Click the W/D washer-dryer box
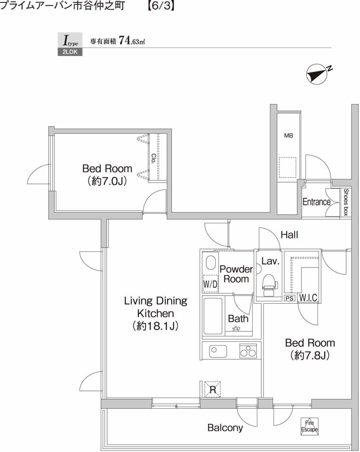tap(210, 284)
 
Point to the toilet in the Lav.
tap(269, 284)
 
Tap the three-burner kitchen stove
tap(248, 351)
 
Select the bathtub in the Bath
tap(213, 316)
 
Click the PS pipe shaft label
tap(290, 298)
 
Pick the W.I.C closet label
tap(308, 298)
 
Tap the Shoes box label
tap(346, 202)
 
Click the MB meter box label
tap(288, 135)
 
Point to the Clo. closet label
tap(154, 158)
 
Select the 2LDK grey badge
tap(70, 52)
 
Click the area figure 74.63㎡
tap(132, 41)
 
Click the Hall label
tap(289, 235)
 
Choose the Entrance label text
tap(316, 202)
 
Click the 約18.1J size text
tap(155, 326)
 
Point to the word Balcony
tap(225, 428)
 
